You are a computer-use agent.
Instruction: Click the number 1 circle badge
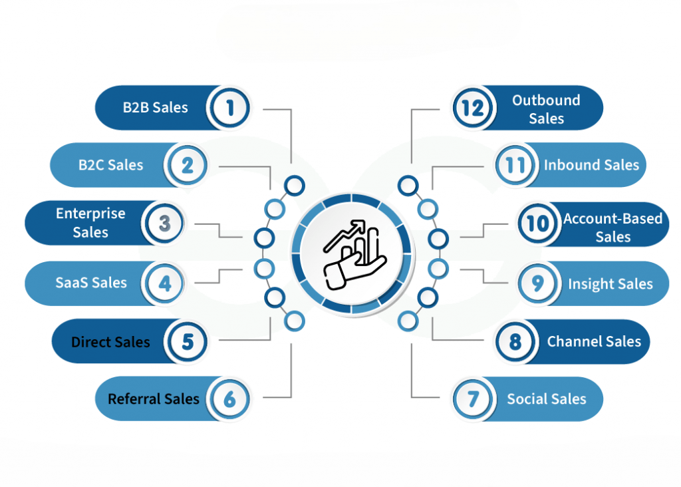229,107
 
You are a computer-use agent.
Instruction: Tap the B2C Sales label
110,165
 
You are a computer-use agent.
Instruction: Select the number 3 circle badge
164,223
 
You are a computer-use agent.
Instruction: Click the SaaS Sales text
91,282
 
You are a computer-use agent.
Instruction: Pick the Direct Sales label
110,343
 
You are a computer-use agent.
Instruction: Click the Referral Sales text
154,399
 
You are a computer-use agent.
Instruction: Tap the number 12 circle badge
472,107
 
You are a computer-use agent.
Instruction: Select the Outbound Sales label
546,109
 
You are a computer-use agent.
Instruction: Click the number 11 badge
515,165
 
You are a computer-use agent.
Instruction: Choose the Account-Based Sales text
613,228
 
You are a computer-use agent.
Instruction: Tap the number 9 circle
537,283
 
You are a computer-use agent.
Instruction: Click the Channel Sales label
594,342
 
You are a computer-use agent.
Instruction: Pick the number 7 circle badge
473,399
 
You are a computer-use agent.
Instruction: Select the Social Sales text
547,399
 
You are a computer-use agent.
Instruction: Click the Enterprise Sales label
90,223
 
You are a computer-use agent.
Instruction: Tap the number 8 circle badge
515,342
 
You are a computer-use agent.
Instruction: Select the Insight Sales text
610,284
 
